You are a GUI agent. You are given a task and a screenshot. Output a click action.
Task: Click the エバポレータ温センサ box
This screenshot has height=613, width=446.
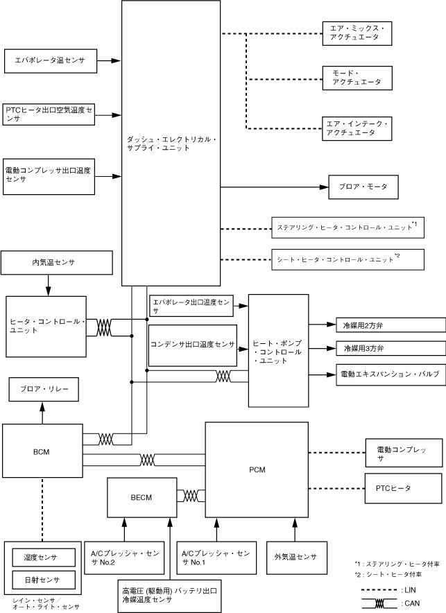(50, 61)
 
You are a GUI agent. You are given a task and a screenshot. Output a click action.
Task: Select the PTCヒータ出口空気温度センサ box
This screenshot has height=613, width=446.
(50, 114)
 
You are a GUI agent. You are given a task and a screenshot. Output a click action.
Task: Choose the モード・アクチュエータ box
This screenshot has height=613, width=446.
(357, 78)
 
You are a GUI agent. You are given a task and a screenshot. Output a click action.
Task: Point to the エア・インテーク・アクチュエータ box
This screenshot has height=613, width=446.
(357, 127)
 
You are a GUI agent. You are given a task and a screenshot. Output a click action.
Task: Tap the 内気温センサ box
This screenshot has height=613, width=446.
(57, 263)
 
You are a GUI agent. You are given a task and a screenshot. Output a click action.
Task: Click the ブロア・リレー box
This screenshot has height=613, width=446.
(43, 390)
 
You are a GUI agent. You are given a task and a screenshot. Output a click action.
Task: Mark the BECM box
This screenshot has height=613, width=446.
(141, 497)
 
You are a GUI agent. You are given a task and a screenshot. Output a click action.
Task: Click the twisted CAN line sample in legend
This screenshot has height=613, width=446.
(379, 603)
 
